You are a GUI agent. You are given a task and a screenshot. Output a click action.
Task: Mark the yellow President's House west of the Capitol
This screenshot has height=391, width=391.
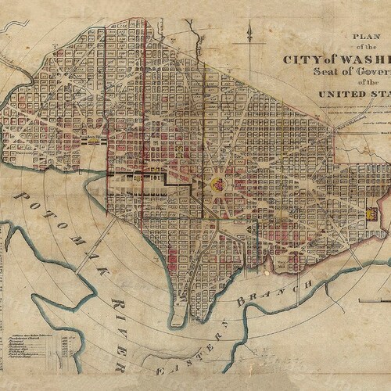93,142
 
